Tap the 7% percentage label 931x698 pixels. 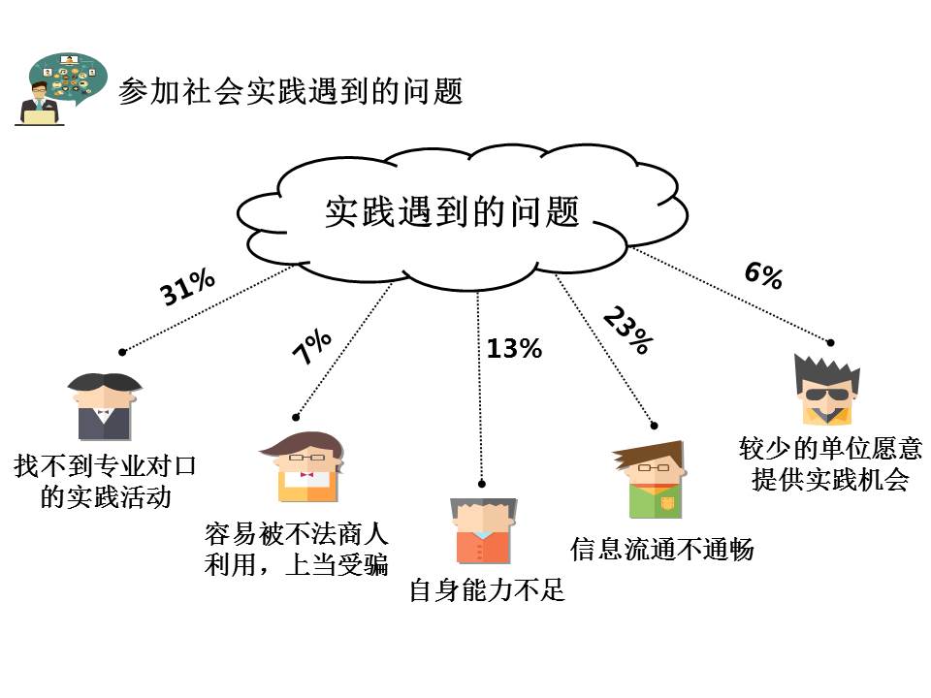pos(312,347)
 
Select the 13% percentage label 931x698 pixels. pos(514,348)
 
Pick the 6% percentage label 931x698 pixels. pos(763,275)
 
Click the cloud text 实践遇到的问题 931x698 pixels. pos(452,210)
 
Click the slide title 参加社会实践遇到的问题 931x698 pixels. pos(290,92)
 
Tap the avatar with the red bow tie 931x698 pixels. pos(304,466)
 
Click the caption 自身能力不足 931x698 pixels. pos(487,589)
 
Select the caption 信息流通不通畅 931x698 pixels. pos(661,549)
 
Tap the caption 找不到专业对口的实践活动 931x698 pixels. pos(106,481)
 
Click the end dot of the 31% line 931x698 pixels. pos(122,351)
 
